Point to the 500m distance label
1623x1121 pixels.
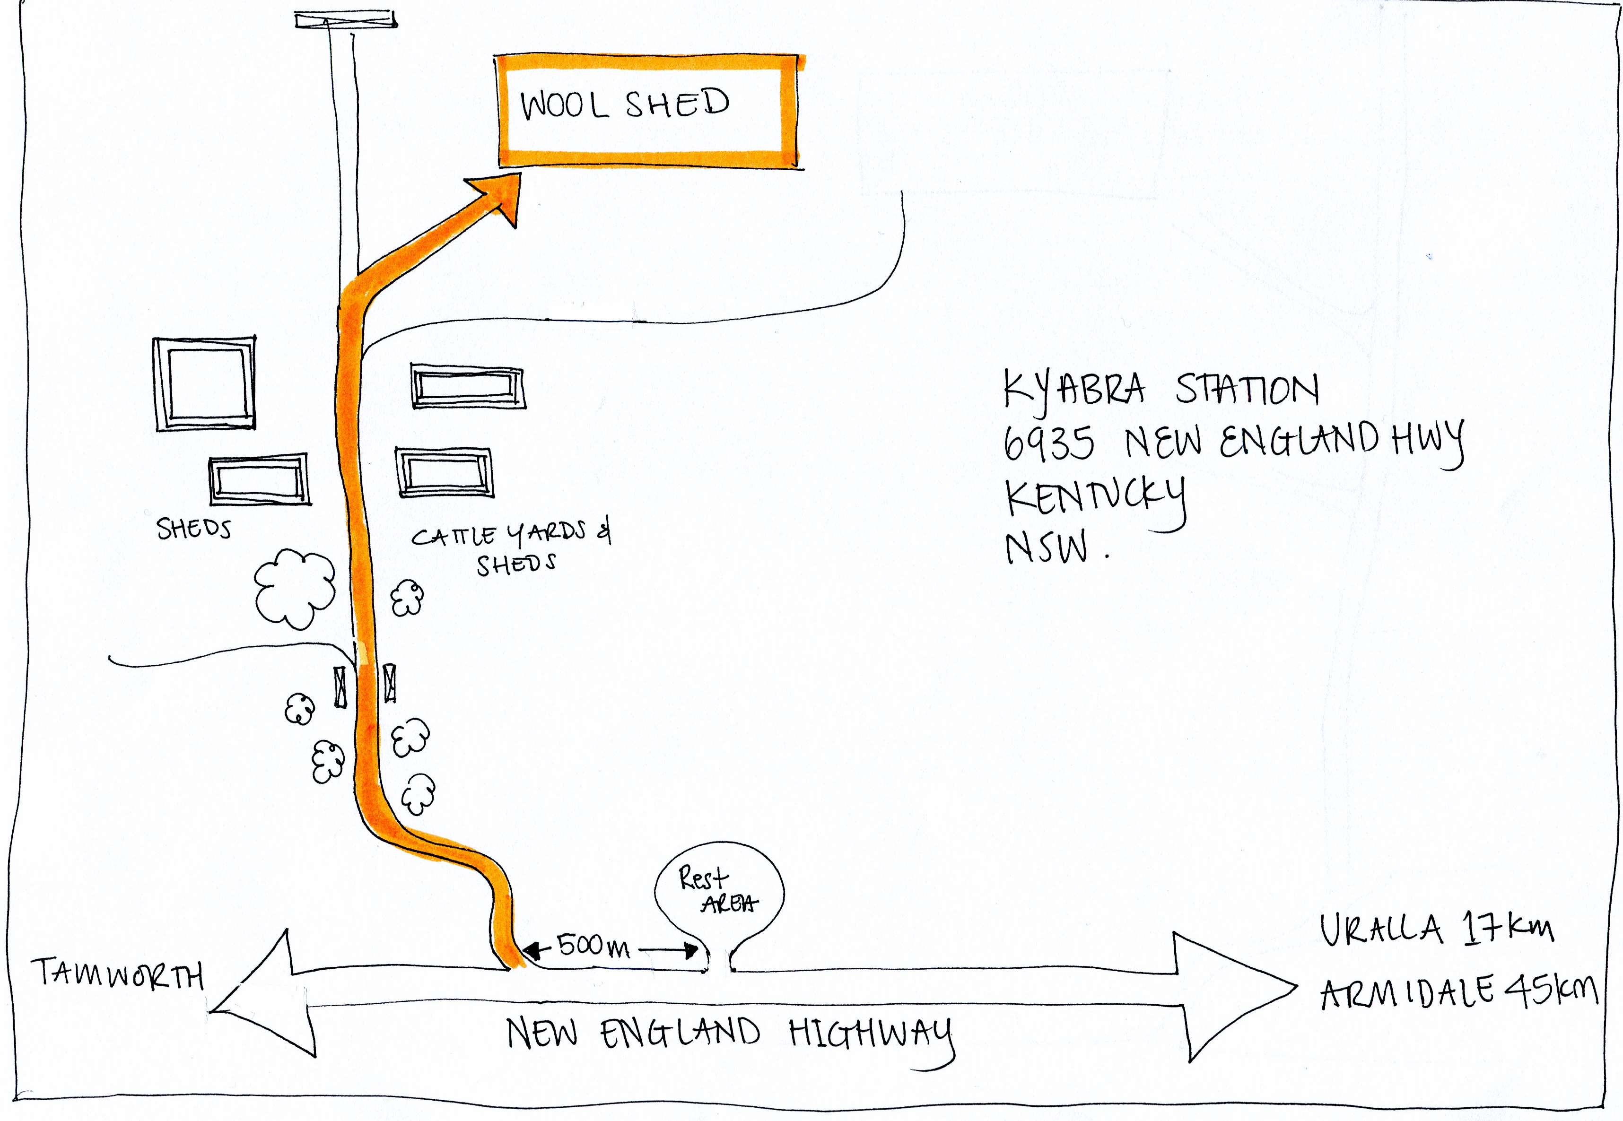click(593, 946)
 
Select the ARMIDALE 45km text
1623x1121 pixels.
click(1458, 991)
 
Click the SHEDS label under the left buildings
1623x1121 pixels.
click(193, 528)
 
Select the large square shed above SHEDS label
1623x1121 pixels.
click(204, 383)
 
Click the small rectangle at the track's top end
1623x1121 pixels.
click(345, 20)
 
